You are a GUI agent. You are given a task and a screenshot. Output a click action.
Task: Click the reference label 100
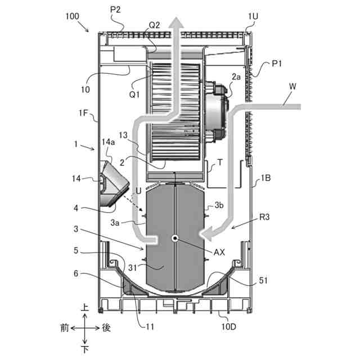tap(73, 16)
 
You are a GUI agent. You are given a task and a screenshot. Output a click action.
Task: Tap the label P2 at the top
tap(115, 10)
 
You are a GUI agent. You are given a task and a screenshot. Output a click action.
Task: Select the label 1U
tap(253, 16)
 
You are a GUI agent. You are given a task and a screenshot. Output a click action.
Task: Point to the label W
tap(292, 87)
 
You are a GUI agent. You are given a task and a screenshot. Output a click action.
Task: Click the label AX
tap(219, 253)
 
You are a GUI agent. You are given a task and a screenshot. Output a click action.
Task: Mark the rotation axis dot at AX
tap(175, 238)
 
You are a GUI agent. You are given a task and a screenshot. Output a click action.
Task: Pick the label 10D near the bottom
tap(229, 326)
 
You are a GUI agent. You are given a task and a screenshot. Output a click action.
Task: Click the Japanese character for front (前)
tap(65, 328)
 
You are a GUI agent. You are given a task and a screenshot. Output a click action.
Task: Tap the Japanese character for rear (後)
tap(106, 328)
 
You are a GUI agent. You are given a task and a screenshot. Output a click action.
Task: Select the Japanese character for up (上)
tap(85, 307)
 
